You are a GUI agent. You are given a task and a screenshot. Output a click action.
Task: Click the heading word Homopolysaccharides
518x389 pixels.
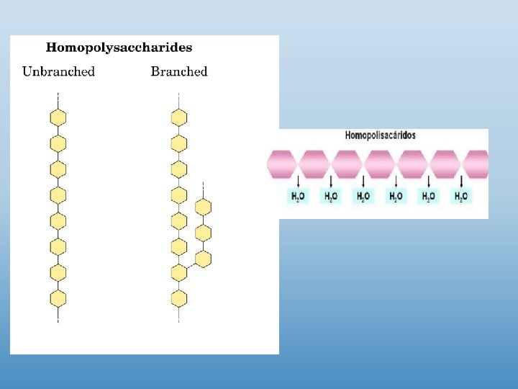(119, 48)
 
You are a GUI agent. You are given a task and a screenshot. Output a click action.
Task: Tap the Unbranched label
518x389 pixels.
(58, 71)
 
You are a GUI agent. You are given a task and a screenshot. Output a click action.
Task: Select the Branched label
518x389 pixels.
(179, 71)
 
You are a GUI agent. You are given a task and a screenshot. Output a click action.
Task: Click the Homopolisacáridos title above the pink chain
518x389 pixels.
(381, 135)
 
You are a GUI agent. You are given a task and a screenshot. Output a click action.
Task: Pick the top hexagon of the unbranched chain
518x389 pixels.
(58, 117)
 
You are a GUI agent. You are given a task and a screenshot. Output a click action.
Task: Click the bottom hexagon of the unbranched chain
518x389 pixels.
(58, 298)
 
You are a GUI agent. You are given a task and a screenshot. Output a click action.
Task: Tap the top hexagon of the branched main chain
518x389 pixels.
(179, 117)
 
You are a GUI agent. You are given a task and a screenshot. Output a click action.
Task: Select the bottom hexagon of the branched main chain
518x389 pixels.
(179, 298)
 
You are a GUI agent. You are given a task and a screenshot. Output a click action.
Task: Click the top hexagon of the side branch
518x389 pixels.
(204, 207)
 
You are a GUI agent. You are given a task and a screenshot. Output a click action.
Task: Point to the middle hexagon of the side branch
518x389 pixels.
(204, 233)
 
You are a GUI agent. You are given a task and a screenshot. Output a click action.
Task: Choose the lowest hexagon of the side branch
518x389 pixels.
(204, 258)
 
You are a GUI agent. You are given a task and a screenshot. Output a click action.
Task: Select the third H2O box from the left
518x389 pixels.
(363, 196)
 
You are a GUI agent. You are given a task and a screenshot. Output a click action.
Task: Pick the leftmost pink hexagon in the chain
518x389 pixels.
(281, 164)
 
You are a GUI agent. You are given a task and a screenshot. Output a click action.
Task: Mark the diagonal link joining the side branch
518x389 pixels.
(191, 266)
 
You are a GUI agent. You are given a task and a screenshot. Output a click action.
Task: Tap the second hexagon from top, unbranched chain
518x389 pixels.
(58, 143)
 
